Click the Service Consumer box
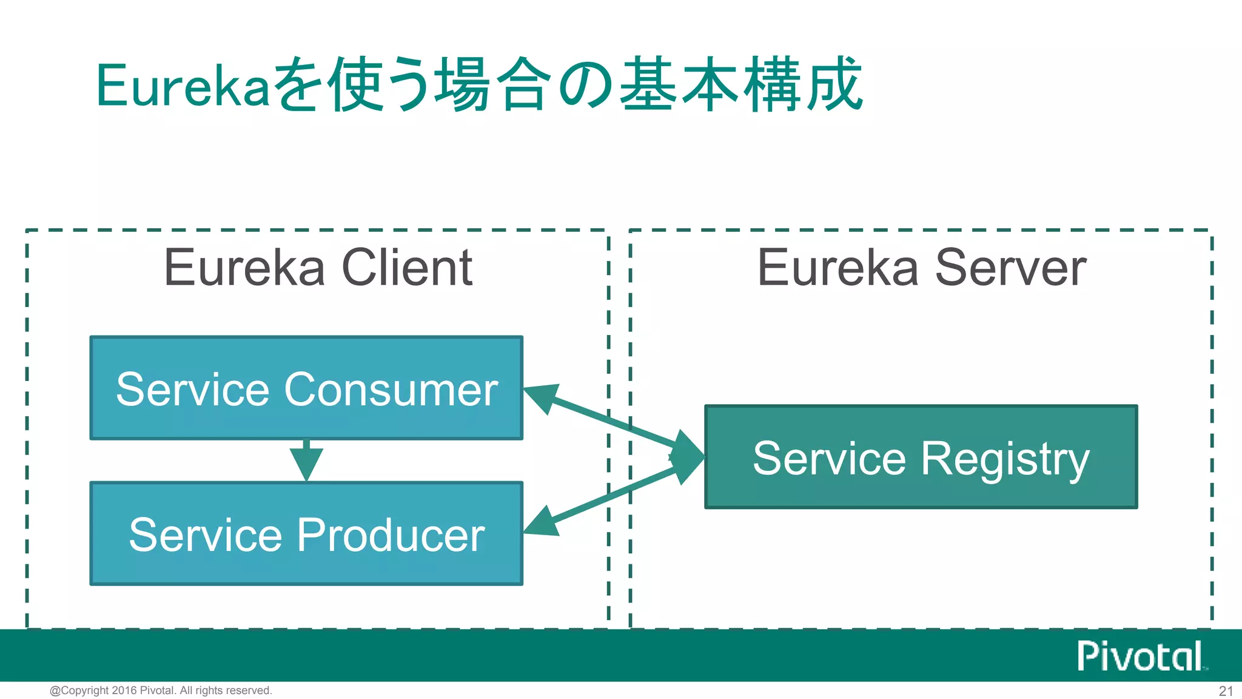pos(306,388)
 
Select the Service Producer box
pos(306,534)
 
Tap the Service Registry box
pos(921,457)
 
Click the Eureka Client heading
pos(318,268)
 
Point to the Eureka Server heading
pos(921,268)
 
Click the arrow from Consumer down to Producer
pos(306,461)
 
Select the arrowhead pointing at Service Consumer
pos(541,397)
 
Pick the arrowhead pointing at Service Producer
pos(541,522)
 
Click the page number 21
pos(1226,691)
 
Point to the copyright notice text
pos(161,691)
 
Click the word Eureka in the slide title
pos(182,86)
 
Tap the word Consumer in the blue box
pos(391,389)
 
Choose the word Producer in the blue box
pos(391,535)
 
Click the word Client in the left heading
pos(407,268)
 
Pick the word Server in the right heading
pos(1010,268)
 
